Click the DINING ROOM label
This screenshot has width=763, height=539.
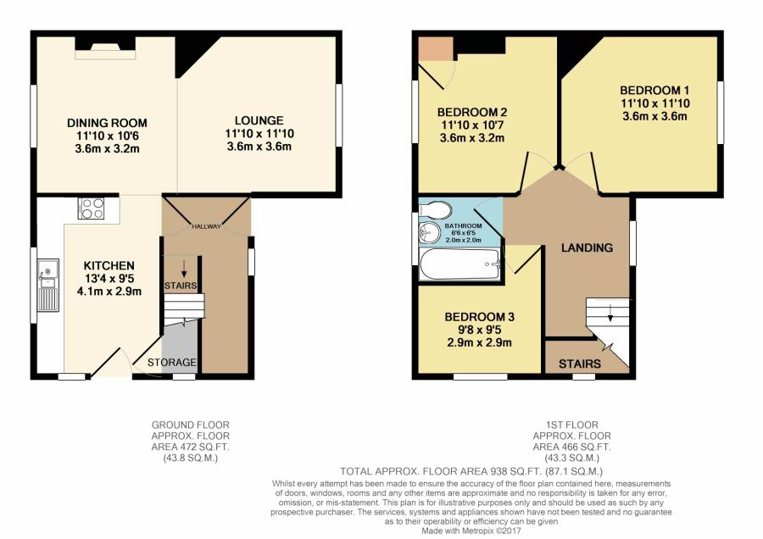(x=107, y=123)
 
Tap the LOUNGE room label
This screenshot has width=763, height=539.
(x=259, y=120)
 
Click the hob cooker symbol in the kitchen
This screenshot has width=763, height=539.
(x=91, y=208)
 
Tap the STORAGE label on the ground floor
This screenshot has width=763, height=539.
(x=172, y=363)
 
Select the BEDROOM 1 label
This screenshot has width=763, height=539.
(x=654, y=91)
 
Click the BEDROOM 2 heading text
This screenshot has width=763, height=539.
(x=472, y=112)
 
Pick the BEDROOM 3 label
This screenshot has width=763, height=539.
(x=480, y=317)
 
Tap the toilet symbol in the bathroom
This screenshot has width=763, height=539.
(x=434, y=208)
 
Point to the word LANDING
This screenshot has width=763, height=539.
(x=587, y=248)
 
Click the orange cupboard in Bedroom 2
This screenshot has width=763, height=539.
(x=435, y=47)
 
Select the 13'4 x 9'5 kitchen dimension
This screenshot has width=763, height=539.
(x=102, y=278)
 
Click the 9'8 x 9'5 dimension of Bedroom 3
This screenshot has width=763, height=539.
(x=480, y=330)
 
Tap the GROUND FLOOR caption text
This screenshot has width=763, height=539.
(x=190, y=425)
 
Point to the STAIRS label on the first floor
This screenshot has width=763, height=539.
(x=580, y=364)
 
